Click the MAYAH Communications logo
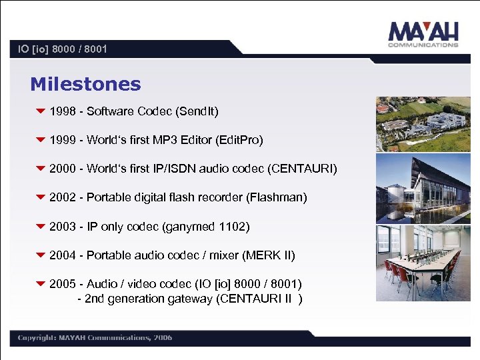(x=423, y=35)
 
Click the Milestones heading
(x=85, y=84)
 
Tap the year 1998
(x=63, y=111)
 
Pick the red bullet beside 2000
(x=40, y=169)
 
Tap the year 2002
(x=63, y=197)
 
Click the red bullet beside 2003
(x=40, y=227)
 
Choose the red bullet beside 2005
(x=40, y=284)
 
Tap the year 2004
(x=63, y=255)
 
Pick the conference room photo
(x=422, y=263)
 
